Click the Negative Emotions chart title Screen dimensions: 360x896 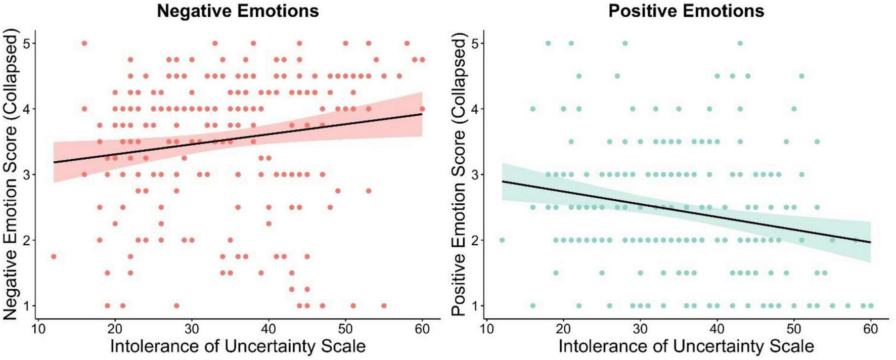(238, 11)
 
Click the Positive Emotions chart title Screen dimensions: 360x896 (686, 11)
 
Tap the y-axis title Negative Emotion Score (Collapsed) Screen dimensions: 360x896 (11, 174)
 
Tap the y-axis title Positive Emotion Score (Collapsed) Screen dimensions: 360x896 (459, 174)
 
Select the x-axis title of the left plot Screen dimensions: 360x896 (238, 347)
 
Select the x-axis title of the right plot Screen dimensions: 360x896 (686, 347)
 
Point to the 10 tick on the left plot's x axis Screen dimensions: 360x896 (38, 330)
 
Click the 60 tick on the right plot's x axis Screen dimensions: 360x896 (870, 330)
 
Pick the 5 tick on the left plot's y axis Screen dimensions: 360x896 (26, 43)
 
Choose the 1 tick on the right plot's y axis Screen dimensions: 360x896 (474, 306)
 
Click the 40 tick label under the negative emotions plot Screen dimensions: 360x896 (268, 330)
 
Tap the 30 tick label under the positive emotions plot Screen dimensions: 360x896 (640, 330)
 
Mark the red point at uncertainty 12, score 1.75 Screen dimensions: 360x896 (54, 256)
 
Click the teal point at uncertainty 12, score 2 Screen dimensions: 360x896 (502, 240)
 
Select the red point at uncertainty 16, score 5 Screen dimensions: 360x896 (84, 43)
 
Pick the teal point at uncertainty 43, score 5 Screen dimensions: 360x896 (740, 43)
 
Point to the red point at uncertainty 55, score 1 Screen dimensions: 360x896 (384, 305)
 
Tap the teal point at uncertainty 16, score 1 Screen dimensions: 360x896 (532, 305)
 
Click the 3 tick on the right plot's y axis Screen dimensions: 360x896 (474, 174)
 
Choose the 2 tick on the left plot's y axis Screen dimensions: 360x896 (26, 240)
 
